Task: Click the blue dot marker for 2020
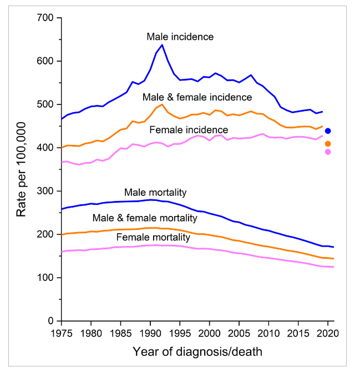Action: [328, 130]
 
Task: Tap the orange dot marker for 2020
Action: [328, 144]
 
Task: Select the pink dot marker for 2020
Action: [328, 152]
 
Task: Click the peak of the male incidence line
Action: [162, 44]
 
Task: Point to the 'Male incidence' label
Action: [180, 37]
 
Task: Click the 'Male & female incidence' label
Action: [197, 97]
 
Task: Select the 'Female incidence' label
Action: [189, 130]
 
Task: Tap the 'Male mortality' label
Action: [155, 193]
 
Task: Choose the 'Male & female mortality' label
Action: [145, 218]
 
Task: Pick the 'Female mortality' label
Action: [153, 237]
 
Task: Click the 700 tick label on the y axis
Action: [45, 18]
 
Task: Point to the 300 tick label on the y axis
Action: [45, 191]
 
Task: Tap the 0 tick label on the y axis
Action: [50, 321]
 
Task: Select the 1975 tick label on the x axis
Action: [62, 334]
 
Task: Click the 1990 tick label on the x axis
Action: [150, 334]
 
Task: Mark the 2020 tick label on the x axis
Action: [328, 334]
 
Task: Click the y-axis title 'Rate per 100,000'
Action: [21, 169]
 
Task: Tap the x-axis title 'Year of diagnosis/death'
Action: [197, 352]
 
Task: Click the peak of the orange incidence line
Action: [162, 104]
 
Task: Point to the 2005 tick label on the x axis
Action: [239, 334]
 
